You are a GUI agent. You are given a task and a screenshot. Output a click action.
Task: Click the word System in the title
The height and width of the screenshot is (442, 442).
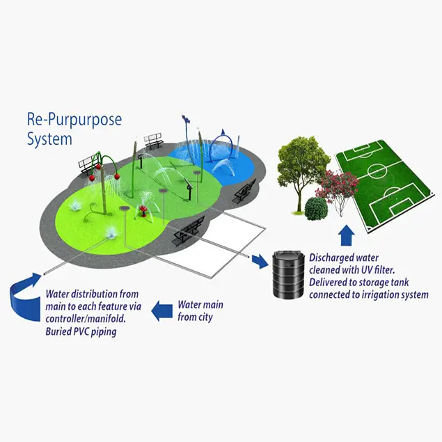coord(49,139)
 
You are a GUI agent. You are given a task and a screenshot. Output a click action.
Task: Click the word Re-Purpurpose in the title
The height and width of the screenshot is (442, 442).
coord(74,120)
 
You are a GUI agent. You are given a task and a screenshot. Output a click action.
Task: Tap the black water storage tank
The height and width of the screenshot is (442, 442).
coord(286,274)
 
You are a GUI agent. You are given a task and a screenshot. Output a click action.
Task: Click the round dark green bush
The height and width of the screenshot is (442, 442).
coord(317,207)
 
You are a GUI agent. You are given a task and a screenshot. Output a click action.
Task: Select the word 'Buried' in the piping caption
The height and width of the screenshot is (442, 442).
coord(61,331)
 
